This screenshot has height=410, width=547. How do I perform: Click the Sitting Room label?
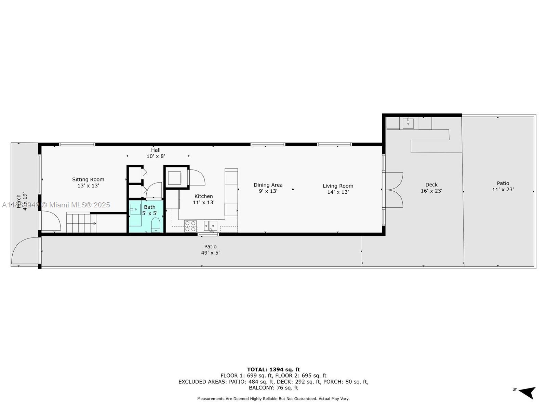(88, 179)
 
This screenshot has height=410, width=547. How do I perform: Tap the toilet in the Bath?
(156, 225)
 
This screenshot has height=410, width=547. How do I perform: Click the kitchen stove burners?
(190, 226)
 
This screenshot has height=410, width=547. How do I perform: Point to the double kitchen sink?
(210, 226)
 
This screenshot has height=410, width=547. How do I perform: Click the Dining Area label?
(268, 185)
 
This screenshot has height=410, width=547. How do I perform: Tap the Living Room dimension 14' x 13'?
(338, 192)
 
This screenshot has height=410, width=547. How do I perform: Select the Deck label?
(431, 184)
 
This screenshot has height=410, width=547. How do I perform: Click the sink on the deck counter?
(408, 123)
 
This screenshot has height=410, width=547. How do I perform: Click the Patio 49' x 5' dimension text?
(210, 253)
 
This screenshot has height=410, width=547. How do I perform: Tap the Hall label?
(156, 150)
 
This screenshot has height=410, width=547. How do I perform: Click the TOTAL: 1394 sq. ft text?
(273, 369)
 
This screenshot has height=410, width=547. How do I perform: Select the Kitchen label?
(203, 196)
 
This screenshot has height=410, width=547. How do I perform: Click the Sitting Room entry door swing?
(51, 221)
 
